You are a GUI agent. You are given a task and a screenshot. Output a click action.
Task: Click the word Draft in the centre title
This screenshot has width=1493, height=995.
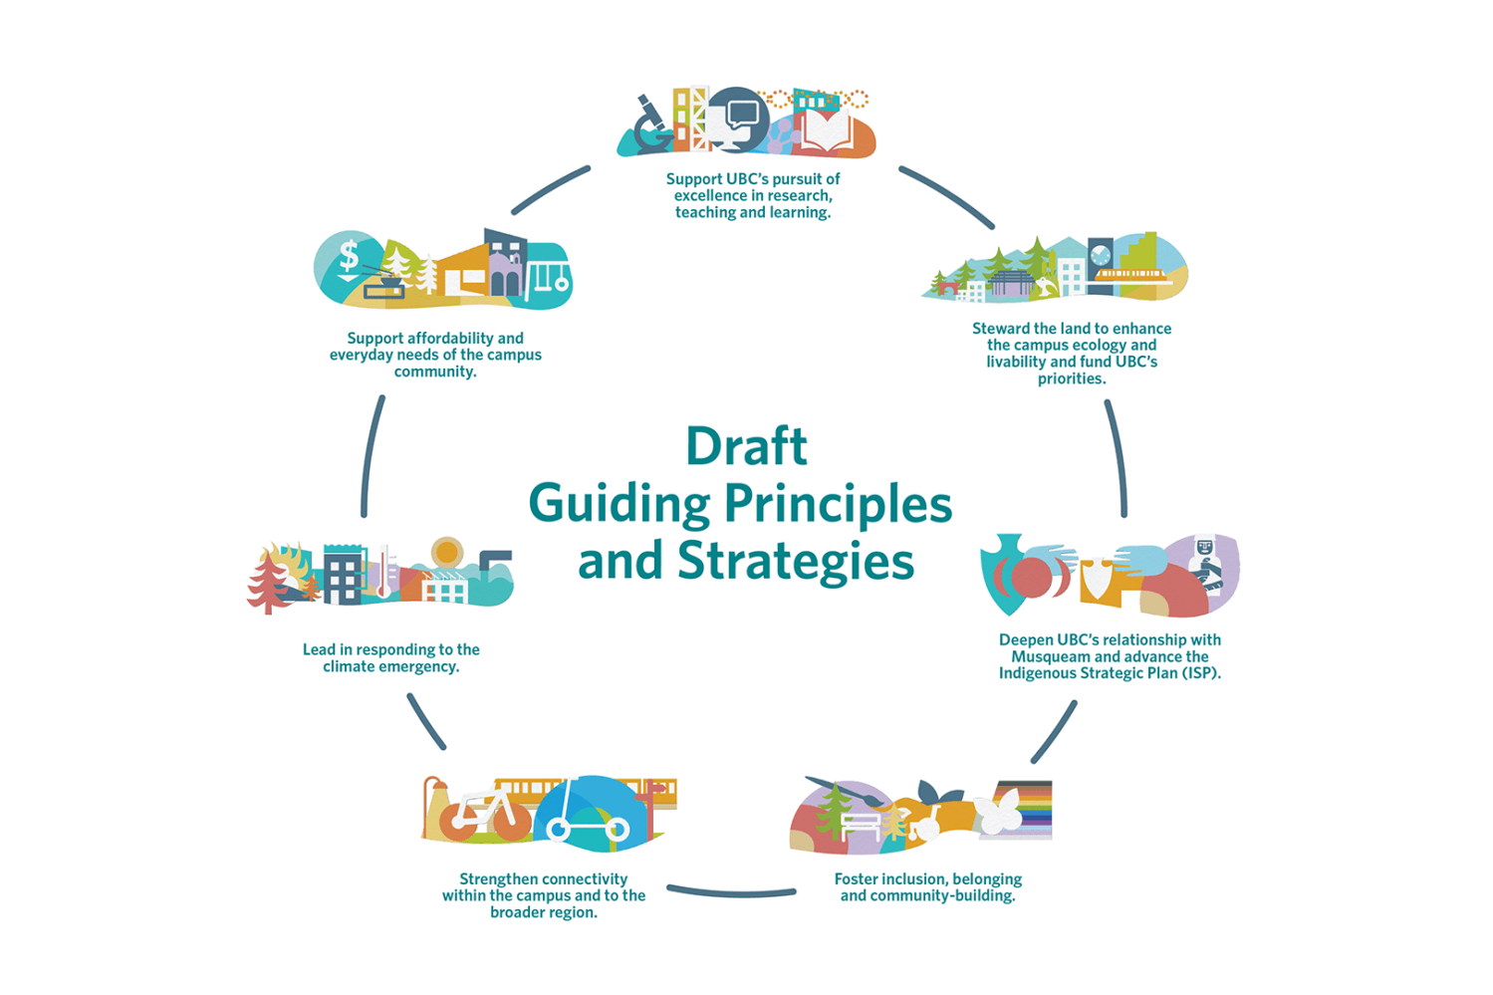pos(746,446)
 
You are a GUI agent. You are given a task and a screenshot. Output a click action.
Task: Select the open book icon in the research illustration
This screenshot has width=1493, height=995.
pos(825,133)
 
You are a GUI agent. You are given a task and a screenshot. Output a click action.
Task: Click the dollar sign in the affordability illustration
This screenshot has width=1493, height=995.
pos(349,256)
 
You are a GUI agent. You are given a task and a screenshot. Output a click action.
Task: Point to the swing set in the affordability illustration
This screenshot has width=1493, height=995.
pos(548,274)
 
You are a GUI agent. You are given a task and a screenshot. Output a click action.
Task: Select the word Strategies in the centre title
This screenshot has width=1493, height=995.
pos(796,561)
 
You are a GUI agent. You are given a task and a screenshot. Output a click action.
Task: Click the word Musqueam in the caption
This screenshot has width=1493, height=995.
pos(1051,656)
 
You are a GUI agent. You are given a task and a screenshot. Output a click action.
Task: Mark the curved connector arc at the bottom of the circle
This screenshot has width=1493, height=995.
pos(731,891)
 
